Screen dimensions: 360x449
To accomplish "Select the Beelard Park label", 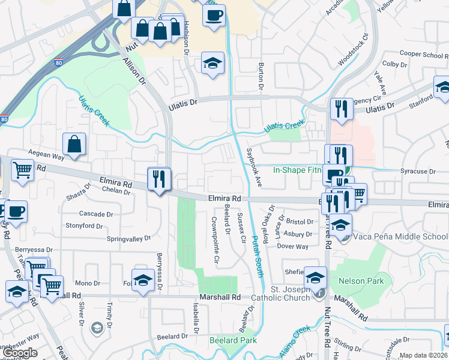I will point(233,340).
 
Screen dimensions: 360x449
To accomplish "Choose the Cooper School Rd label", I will point(420,54).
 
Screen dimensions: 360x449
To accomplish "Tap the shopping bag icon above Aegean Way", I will point(74,144).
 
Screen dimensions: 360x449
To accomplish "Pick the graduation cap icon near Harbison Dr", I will point(212,63).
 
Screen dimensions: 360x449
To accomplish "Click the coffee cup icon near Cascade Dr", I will point(14,211).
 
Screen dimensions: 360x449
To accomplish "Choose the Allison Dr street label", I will point(134,70).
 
